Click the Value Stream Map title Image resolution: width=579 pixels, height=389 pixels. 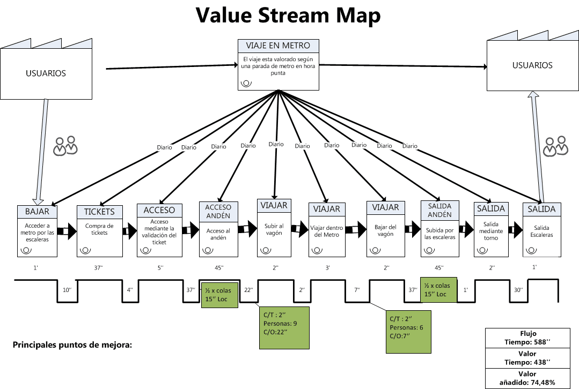pyautogui.click(x=289, y=16)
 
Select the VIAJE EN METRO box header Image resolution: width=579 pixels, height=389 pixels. pyautogui.click(x=278, y=45)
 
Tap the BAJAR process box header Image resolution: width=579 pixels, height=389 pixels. pyautogui.click(x=36, y=211)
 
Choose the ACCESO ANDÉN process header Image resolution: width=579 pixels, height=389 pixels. pyautogui.click(x=218, y=211)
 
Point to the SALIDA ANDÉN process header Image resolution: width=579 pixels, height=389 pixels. pyautogui.click(x=439, y=210)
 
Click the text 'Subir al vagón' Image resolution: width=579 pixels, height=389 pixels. pyautogui.click(x=274, y=229)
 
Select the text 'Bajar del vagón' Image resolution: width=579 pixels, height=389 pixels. pyautogui.click(x=385, y=230)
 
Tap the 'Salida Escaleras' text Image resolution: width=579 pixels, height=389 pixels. pyautogui.click(x=542, y=231)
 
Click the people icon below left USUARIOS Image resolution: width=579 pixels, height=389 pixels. pyautogui.click(x=65, y=146)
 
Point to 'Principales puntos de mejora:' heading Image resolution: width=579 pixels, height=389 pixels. pyautogui.click(x=72, y=345)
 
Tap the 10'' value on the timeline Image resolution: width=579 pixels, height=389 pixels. pyautogui.click(x=67, y=290)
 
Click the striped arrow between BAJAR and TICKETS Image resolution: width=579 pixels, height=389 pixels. pyautogui.click(x=67, y=231)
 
